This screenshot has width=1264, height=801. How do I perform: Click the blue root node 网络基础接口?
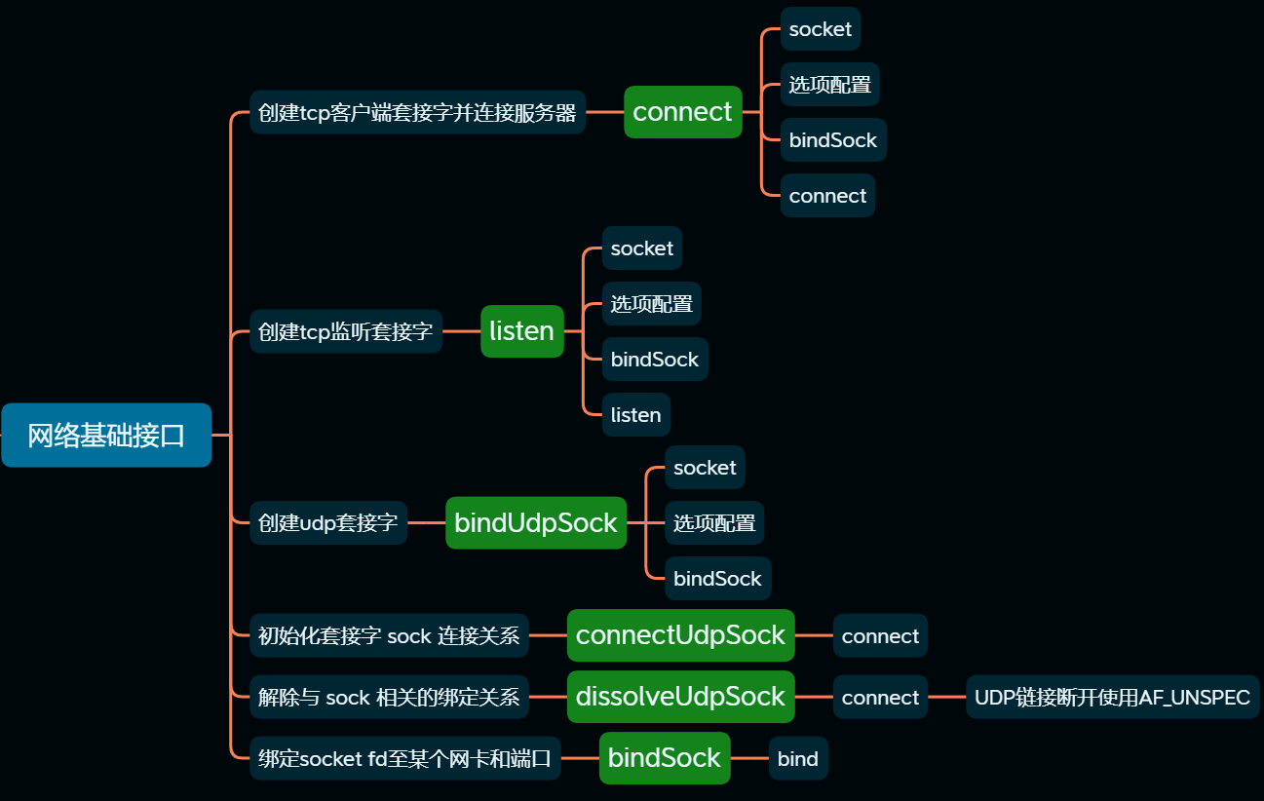[x=106, y=436]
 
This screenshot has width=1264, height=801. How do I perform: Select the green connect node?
[x=682, y=112]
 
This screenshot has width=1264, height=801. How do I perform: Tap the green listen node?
[x=521, y=331]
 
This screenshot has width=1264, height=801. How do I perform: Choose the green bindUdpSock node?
[x=535, y=523]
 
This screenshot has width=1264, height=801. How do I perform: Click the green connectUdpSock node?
[x=680, y=635]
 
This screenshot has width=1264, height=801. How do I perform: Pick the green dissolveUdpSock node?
[x=680, y=697]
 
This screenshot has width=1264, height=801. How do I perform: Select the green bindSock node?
[x=664, y=758]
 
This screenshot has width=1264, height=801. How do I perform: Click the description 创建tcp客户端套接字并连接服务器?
[x=417, y=113]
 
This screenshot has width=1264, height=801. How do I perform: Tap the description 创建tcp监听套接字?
[x=346, y=332]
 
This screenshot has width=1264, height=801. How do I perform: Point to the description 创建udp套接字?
[x=328, y=523]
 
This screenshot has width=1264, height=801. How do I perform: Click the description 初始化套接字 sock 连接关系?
[x=389, y=636]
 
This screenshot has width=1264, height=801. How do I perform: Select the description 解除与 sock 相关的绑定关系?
[x=389, y=698]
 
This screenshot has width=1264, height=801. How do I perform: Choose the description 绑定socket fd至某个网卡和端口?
[x=405, y=759]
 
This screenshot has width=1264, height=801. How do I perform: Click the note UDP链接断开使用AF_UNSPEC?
[x=1112, y=698]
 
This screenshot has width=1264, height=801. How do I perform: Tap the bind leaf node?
[x=798, y=759]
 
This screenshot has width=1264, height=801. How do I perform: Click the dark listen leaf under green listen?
[x=635, y=415]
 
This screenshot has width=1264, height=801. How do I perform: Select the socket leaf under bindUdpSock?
[x=705, y=468]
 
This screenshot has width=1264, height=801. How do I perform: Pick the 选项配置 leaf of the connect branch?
[x=829, y=85]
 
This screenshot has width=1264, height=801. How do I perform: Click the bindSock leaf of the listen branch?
[x=655, y=360]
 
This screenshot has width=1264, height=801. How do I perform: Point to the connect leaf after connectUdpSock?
[x=880, y=636]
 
